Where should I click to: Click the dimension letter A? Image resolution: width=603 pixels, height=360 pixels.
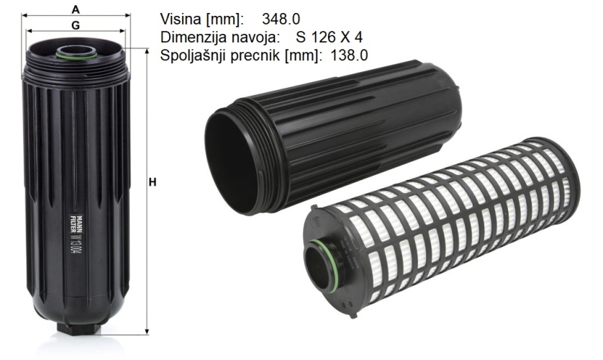pos(76,9)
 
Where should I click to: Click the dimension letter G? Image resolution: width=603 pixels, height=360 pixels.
pos(76,25)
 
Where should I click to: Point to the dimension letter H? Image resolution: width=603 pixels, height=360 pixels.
pos(153,182)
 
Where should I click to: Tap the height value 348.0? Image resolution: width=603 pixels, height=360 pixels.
pos(281,19)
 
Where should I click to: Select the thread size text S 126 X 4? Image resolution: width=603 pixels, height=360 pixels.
pos(329,37)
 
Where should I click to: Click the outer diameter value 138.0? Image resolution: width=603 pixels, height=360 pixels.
pos(349,55)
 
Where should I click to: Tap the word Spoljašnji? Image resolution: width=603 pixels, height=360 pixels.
pos(194,55)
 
